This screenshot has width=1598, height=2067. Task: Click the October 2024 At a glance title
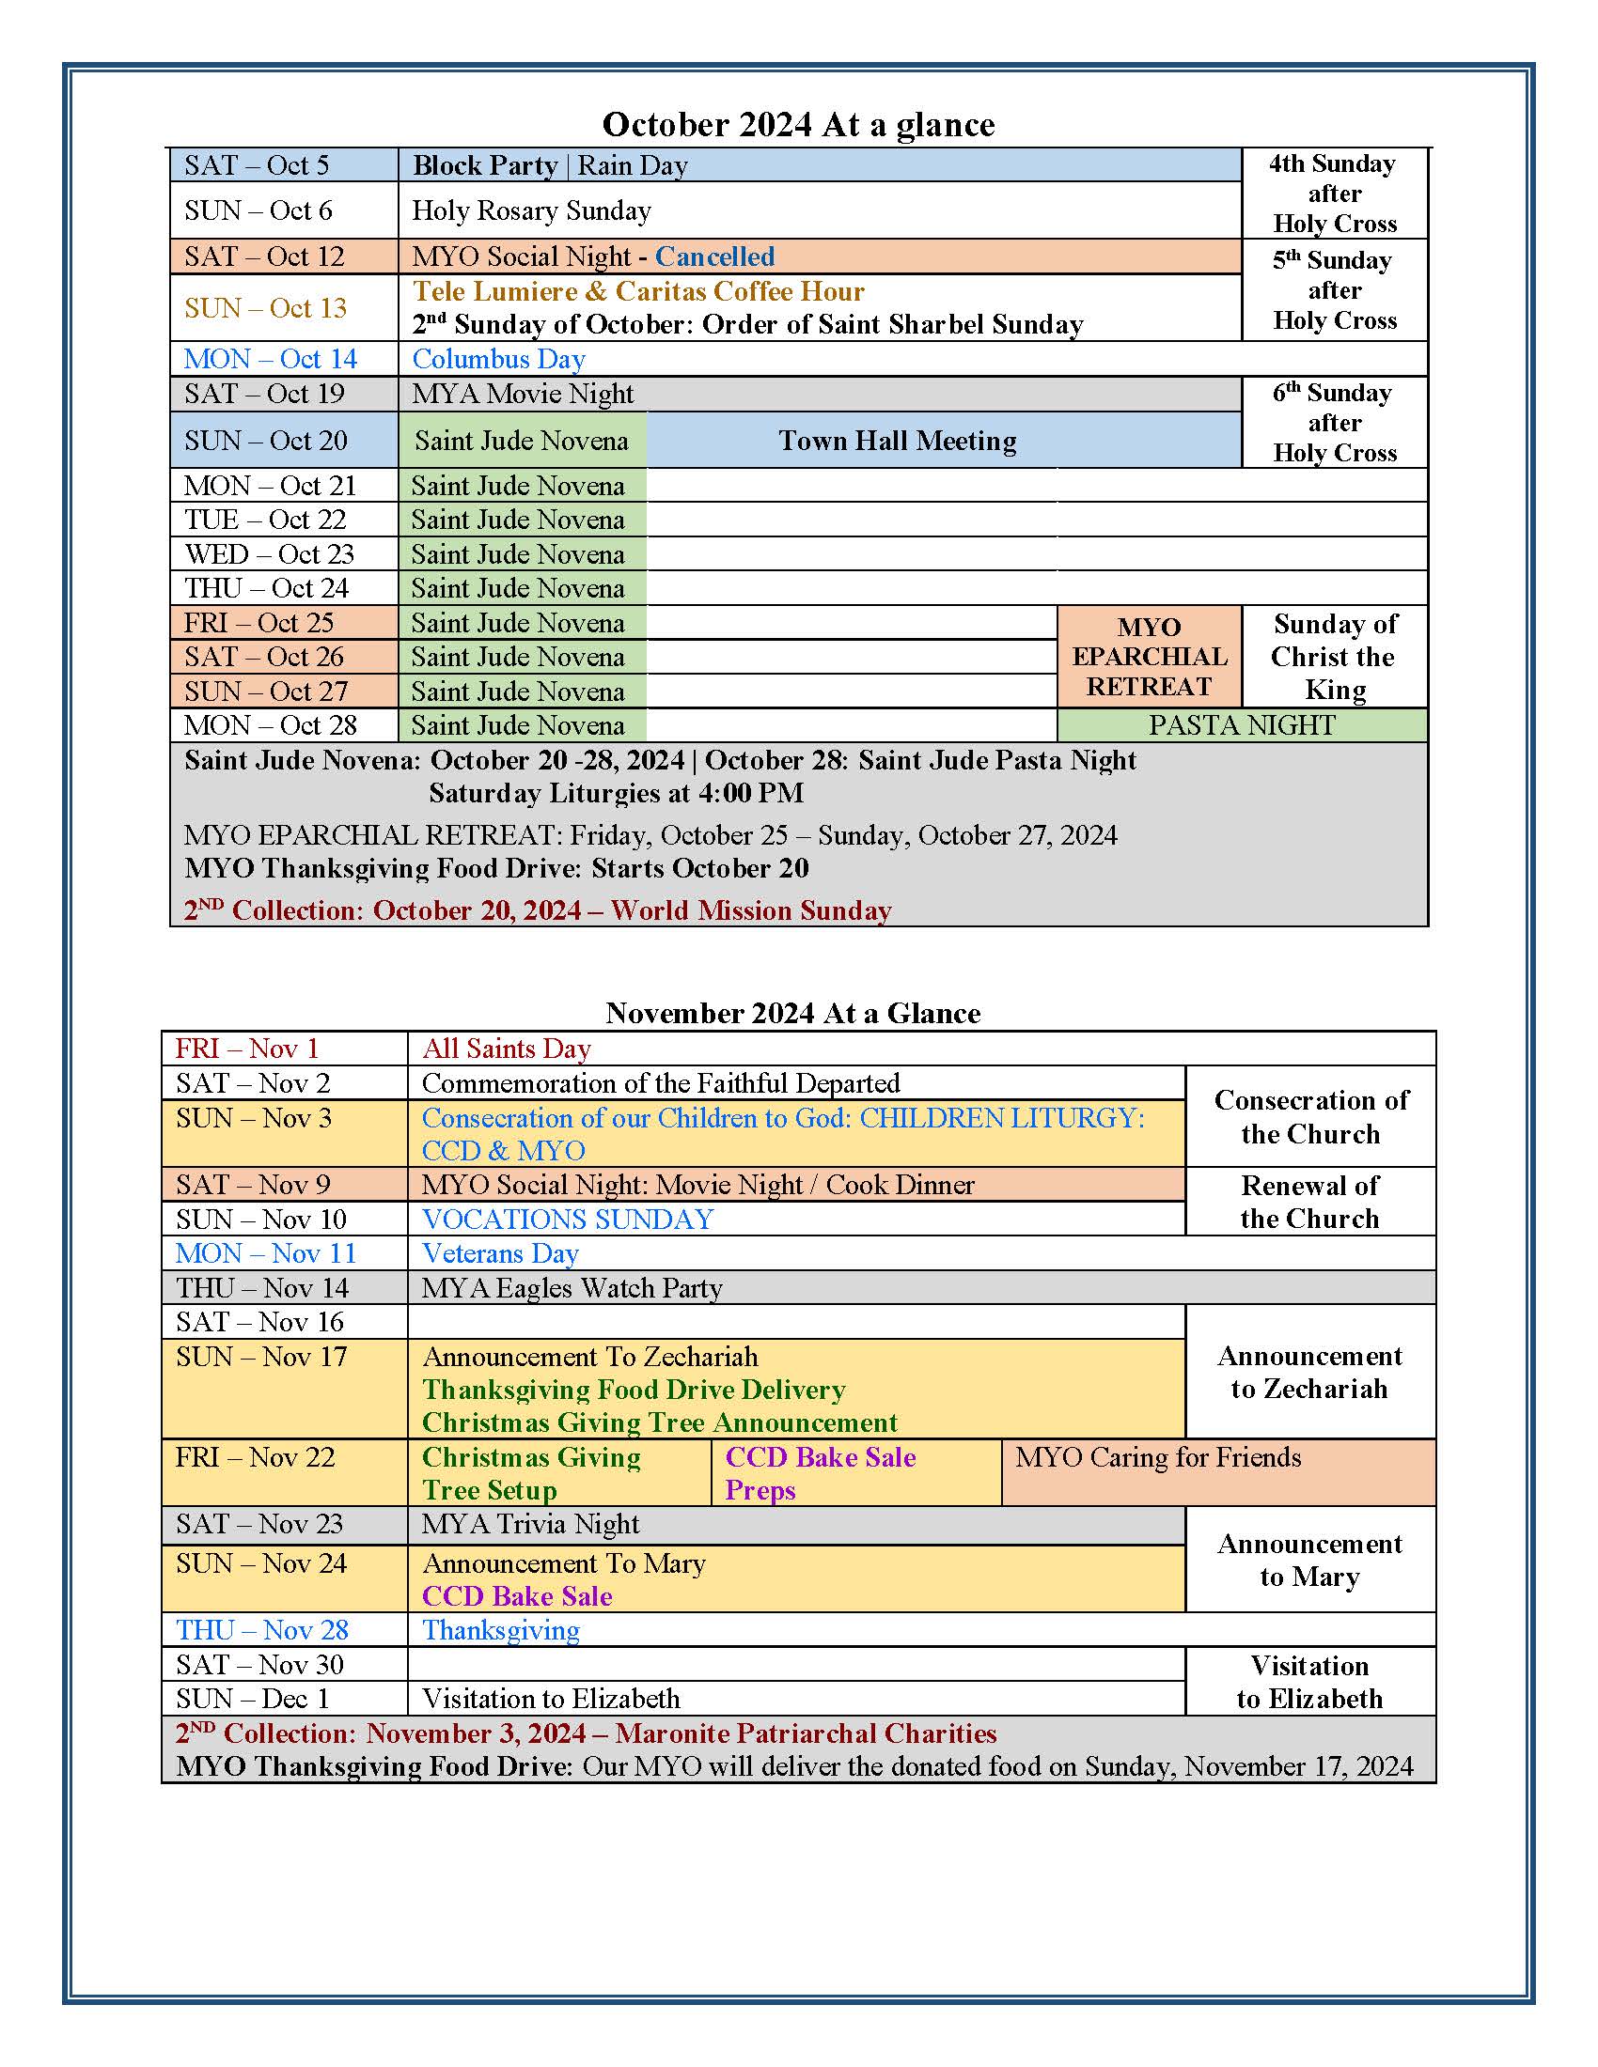(798, 125)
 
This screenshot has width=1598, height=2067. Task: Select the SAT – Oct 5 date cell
(257, 165)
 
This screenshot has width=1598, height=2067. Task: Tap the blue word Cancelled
(714, 256)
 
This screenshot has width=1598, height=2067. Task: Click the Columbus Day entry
(499, 360)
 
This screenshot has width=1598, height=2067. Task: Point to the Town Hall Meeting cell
(897, 441)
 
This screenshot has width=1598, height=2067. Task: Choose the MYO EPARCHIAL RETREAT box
(1149, 657)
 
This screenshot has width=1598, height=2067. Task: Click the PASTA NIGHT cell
(1241, 726)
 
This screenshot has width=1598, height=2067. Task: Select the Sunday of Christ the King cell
(1334, 657)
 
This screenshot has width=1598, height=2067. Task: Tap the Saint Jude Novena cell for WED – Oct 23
(518, 554)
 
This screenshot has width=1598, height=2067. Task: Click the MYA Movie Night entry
(523, 394)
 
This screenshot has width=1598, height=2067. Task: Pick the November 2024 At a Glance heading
(793, 1014)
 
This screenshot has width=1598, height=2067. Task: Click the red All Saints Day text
(507, 1049)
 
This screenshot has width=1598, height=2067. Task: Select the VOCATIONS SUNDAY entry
(568, 1219)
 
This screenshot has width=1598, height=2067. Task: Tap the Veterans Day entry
(500, 1254)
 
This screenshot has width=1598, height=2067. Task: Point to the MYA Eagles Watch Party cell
(572, 1288)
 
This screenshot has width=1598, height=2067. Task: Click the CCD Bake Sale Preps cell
(820, 1473)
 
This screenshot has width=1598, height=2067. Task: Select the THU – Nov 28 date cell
(262, 1630)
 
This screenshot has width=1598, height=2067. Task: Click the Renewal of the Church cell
(1309, 1202)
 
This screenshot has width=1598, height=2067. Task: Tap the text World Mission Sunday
(751, 910)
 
